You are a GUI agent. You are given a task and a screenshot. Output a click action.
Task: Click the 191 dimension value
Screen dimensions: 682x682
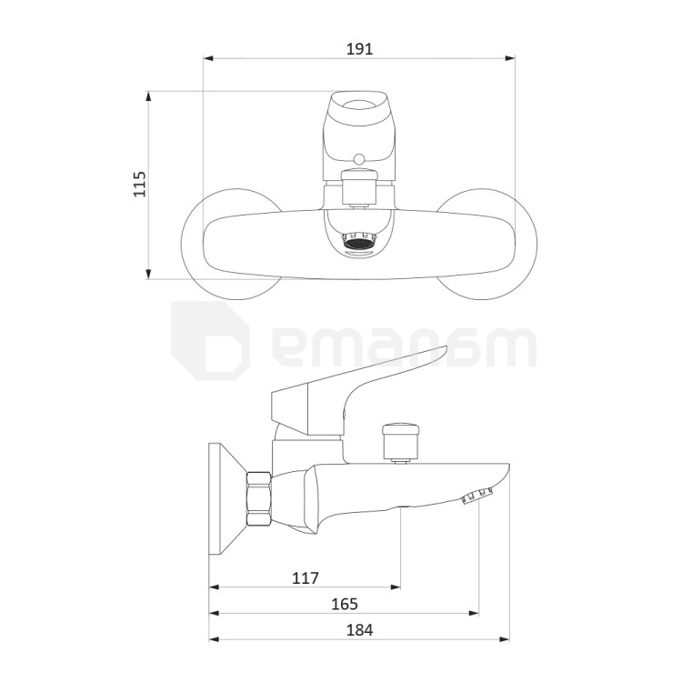coord(359,49)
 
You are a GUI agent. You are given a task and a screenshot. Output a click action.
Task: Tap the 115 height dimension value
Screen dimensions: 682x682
coord(140,184)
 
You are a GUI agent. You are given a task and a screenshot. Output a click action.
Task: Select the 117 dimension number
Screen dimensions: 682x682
coord(305,578)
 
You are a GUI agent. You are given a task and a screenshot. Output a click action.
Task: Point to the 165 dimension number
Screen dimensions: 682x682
coord(344,604)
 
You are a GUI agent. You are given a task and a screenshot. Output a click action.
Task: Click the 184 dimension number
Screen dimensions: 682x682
coord(359,629)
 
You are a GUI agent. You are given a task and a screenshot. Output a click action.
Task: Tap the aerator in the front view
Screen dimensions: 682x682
coord(359,241)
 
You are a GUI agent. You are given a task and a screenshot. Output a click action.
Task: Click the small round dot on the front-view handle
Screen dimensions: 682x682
coord(359,159)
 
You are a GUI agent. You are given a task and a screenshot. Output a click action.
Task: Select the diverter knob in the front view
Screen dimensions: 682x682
coord(359,187)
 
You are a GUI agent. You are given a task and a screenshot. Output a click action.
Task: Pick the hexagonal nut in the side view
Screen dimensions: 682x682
coord(259,499)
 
